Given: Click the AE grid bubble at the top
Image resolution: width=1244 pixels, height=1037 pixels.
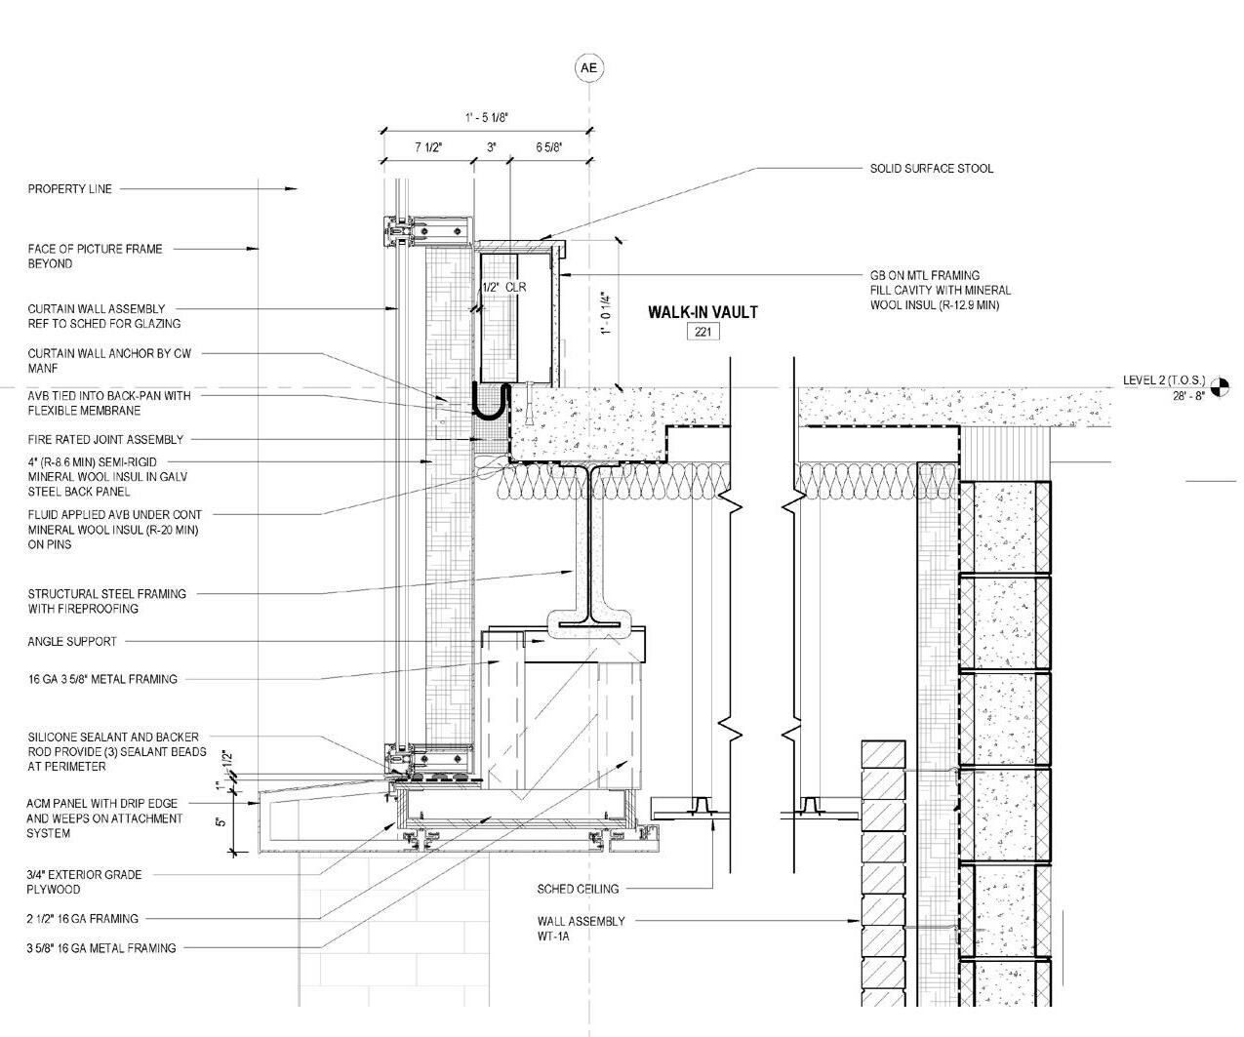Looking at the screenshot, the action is [x=588, y=67].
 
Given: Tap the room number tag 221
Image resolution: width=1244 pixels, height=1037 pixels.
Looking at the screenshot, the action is [x=702, y=332].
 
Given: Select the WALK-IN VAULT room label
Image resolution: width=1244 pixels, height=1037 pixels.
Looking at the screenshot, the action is [x=702, y=312].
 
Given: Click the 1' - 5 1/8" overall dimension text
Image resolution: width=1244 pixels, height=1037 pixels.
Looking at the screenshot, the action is [x=486, y=118].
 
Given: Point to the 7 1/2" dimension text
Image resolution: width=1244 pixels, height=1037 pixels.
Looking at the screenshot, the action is [x=428, y=147].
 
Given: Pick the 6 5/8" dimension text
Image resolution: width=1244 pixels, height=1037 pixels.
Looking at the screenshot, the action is [x=549, y=147].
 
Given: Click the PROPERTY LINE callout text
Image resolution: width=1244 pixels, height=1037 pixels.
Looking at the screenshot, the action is [x=69, y=189].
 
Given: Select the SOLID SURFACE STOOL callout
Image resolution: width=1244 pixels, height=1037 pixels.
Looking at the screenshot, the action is [x=931, y=169].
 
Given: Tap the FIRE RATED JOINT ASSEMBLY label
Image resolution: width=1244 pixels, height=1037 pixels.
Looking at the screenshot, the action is [x=105, y=440].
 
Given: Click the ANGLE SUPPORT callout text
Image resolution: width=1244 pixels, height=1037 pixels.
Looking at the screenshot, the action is [x=72, y=642].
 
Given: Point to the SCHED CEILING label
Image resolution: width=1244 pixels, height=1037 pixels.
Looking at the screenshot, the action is [x=578, y=890].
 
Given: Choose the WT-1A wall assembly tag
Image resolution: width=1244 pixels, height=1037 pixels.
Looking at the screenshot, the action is [x=552, y=937].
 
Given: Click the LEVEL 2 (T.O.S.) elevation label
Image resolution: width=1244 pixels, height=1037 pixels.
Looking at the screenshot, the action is [x=1164, y=380].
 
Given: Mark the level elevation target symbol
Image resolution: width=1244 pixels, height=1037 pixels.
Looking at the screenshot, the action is [x=1220, y=388].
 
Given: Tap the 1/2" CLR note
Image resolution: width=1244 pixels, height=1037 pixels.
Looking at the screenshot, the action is [x=503, y=288].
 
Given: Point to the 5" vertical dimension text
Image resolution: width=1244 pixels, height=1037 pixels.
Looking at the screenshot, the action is [x=221, y=821].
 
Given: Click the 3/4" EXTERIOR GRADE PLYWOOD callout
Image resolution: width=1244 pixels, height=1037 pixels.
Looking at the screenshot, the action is [x=84, y=882].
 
